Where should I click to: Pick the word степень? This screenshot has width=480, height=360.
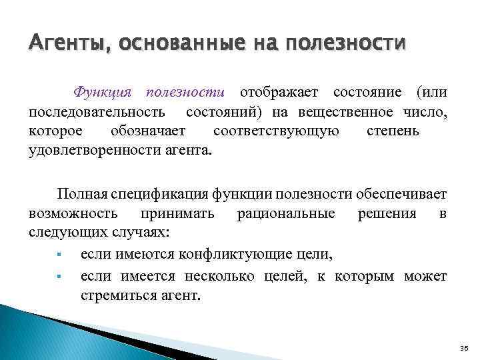pos(393,129)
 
